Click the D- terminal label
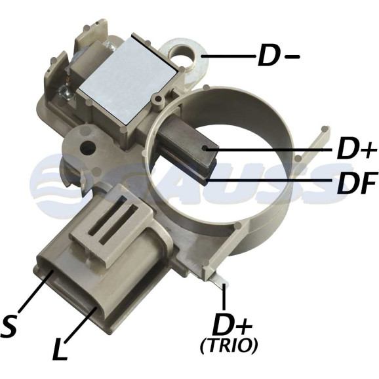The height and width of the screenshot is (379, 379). coord(279,56)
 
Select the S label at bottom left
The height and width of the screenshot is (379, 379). coord(9,327)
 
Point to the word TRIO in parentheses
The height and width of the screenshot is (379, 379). coord(229,346)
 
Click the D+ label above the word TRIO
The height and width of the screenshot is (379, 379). coord(232,325)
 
